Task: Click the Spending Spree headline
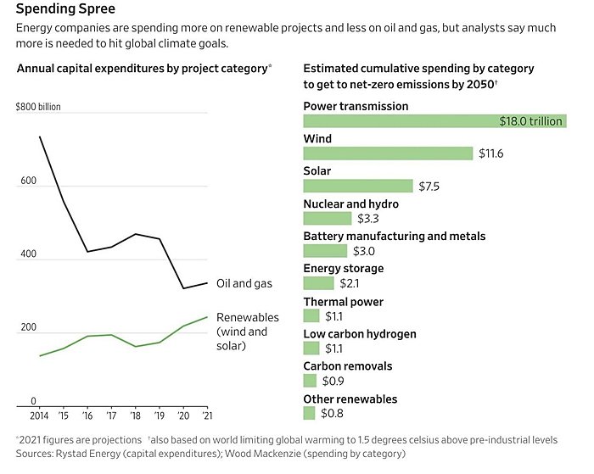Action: pyautogui.click(x=61, y=10)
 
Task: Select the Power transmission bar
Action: pyautogui.click(x=434, y=121)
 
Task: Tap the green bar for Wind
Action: pyautogui.click(x=388, y=153)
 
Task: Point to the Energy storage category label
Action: pyautogui.click(x=344, y=268)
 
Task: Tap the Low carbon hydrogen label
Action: pyautogui.click(x=360, y=334)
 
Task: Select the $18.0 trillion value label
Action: pyautogui.click(x=530, y=121)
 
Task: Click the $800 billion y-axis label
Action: pyautogui.click(x=38, y=107)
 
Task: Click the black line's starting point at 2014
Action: pyautogui.click(x=40, y=137)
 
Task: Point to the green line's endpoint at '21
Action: pyautogui.click(x=206, y=317)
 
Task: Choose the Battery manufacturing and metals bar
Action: pyautogui.click(x=325, y=251)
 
